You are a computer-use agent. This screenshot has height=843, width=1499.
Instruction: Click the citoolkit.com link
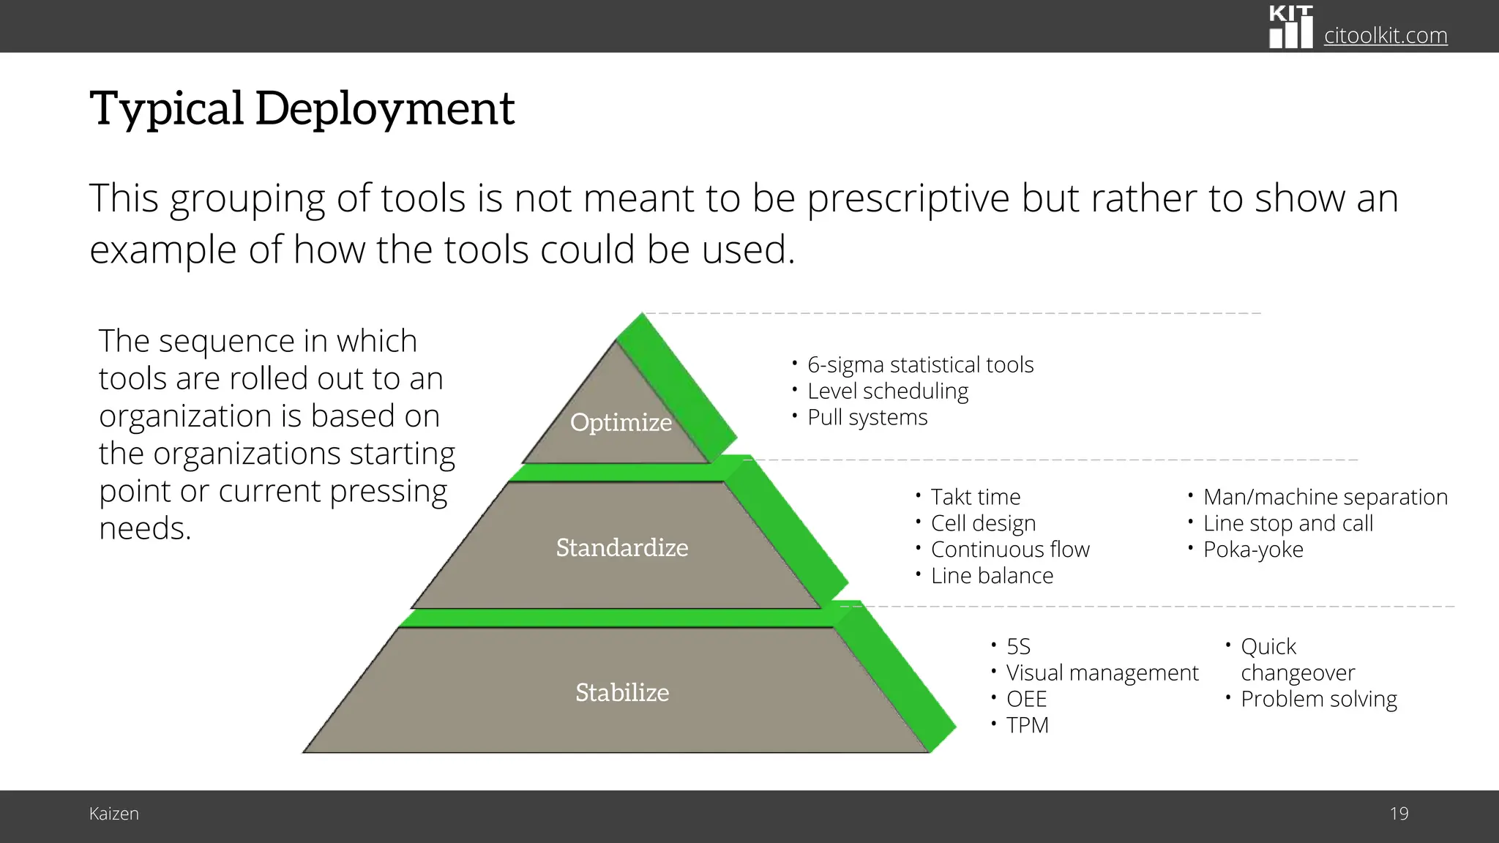tap(1385, 35)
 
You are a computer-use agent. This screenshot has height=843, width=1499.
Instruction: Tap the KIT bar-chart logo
tap(1290, 28)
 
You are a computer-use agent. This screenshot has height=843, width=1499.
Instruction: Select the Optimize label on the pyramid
tap(621, 422)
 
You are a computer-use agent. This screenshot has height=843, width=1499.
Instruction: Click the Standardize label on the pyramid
tap(621, 547)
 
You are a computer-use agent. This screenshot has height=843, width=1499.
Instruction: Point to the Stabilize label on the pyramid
tap(621, 692)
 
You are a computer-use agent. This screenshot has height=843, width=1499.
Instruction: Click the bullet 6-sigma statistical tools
tap(919, 364)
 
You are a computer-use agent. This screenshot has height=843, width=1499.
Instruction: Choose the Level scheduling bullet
tap(887, 391)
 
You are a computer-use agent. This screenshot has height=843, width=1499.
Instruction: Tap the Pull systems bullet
tap(867, 417)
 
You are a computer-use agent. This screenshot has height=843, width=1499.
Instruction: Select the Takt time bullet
tap(975, 497)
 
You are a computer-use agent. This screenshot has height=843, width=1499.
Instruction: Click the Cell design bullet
tap(983, 523)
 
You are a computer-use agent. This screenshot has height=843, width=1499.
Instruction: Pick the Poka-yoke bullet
tap(1252, 550)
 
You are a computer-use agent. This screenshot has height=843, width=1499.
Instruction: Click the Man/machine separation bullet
tap(1325, 497)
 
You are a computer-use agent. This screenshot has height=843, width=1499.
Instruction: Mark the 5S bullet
tap(1017, 647)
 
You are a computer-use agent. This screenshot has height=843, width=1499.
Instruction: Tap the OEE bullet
tap(1026, 699)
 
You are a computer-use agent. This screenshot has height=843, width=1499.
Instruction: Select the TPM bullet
tap(1027, 725)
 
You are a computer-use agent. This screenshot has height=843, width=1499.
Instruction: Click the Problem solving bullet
tap(1318, 699)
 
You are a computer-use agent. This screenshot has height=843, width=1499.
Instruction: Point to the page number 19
tap(1399, 814)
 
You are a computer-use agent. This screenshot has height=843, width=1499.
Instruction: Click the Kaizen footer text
tap(113, 814)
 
